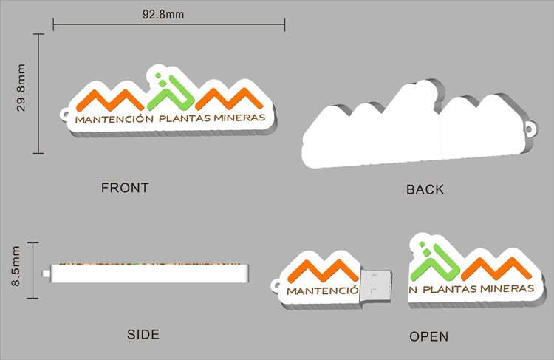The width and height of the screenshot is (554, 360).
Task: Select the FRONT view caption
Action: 125,188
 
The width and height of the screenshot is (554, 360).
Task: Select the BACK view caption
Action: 425,190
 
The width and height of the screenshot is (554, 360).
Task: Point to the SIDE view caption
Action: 143,335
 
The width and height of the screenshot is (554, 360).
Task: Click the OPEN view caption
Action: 429,337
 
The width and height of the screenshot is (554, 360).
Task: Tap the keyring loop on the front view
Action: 64,115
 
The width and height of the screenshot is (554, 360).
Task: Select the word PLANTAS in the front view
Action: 183,118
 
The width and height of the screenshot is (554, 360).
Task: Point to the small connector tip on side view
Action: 47,275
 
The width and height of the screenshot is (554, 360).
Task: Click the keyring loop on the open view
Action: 274,285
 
